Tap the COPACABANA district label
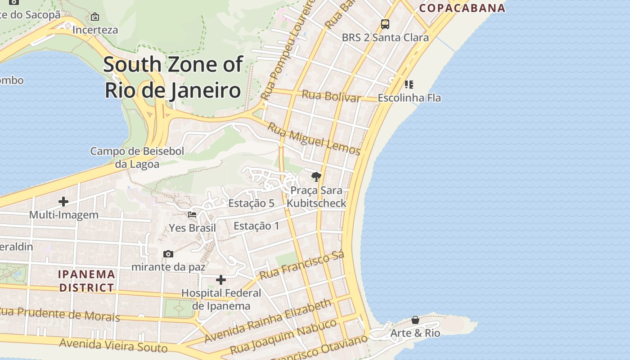tap(462, 8)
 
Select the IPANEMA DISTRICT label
tap(86, 281)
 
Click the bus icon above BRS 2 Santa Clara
tap(385, 24)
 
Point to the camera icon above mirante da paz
tap(168, 254)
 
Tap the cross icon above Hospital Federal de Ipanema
tap(221, 280)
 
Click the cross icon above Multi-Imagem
tap(63, 202)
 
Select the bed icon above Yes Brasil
tap(192, 215)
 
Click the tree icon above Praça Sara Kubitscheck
tap(316, 177)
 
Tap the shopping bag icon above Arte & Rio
tap(415, 320)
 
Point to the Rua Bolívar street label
tap(331, 96)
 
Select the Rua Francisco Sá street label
tap(302, 265)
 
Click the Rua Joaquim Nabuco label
tap(283, 337)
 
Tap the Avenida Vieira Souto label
tap(113, 346)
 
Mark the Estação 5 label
tap(251, 203)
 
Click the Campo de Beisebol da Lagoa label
tap(137, 157)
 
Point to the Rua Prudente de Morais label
tap(60, 314)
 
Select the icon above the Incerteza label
tap(95, 17)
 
